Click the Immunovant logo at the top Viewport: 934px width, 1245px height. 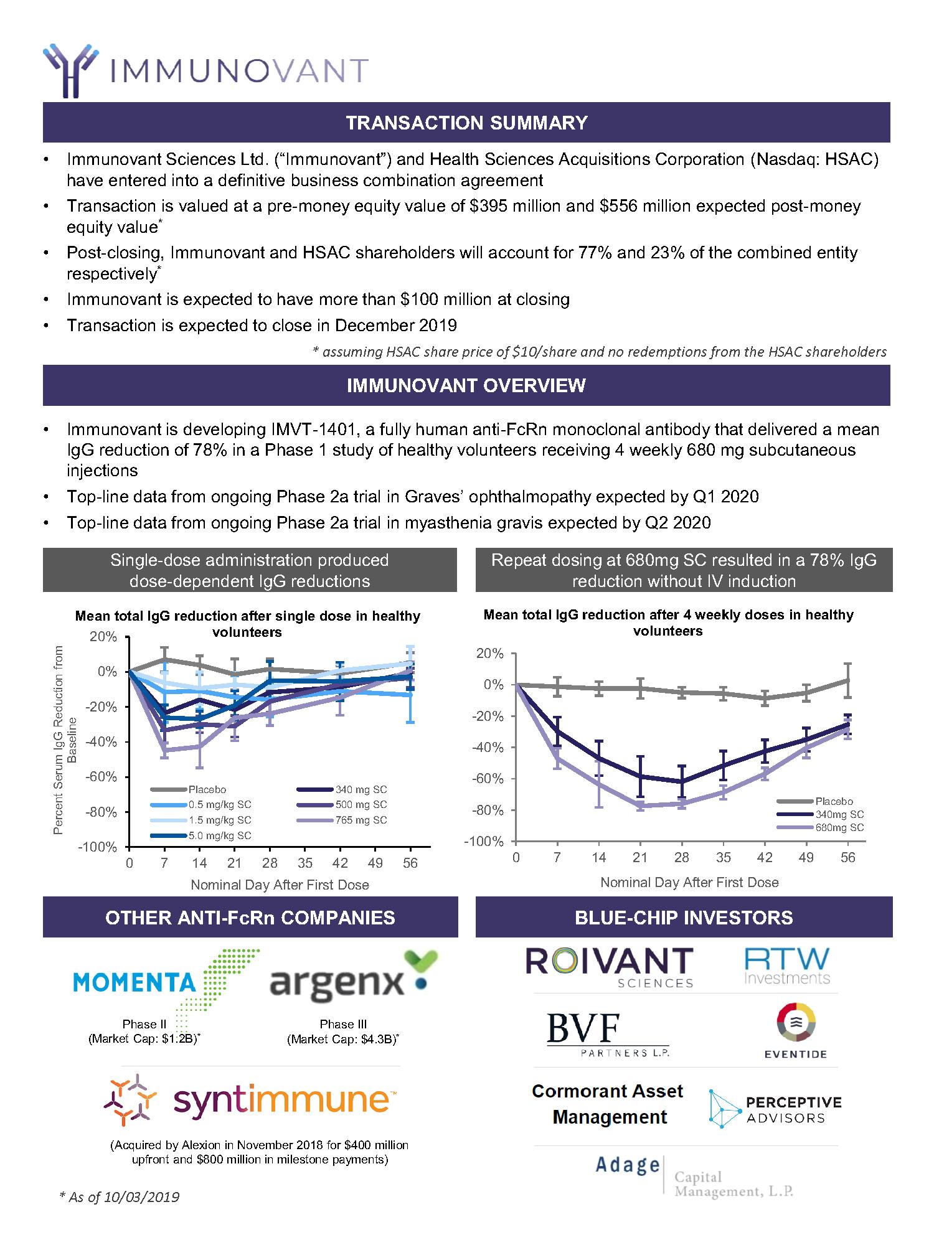pyautogui.click(x=205, y=70)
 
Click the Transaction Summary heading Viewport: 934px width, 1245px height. pyautogui.click(x=466, y=123)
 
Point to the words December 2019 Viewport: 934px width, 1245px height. pyautogui.click(x=396, y=325)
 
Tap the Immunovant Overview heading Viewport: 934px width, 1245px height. pyautogui.click(x=466, y=385)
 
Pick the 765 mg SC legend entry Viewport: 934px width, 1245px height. pyautogui.click(x=361, y=820)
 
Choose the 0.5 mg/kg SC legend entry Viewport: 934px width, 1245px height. pyautogui.click(x=219, y=805)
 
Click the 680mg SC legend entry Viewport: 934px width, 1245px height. pyautogui.click(x=839, y=827)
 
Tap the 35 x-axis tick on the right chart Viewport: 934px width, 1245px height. pyautogui.click(x=723, y=858)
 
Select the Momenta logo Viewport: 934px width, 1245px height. pyautogui.click(x=166, y=982)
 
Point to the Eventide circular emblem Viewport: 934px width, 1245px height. pyautogui.click(x=796, y=1022)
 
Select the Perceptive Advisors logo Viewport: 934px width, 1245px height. pyautogui.click(x=775, y=1109)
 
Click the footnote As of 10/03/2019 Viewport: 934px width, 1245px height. pyautogui.click(x=119, y=1197)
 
